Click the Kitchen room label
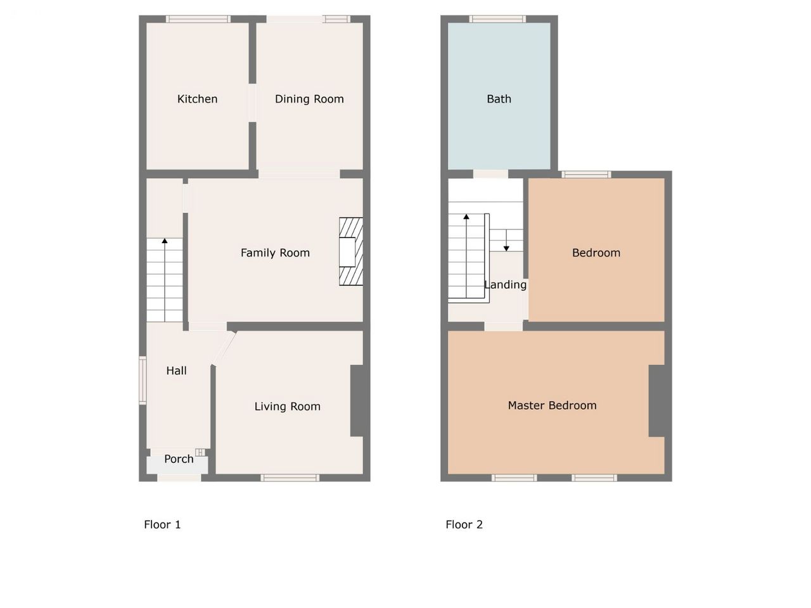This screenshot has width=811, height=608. coord(197,99)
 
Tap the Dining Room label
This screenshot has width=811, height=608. coord(309,99)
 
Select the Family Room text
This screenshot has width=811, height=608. coord(275,253)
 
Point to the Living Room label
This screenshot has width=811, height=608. coord(287,407)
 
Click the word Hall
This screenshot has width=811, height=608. coord(176,370)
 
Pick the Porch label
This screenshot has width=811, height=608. coord(179,459)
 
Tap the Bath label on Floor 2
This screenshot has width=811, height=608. coord(499,99)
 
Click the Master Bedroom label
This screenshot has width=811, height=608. coord(552,405)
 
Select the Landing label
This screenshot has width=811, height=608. coord(506,284)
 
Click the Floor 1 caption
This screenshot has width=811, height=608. coord(162,524)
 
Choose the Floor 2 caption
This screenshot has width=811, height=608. coord(464,524)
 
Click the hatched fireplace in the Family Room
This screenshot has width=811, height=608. coord(351,251)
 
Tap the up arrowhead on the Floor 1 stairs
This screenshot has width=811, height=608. coord(164,241)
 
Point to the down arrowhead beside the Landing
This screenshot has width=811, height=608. coord(506,248)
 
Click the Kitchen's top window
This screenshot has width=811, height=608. coord(198,19)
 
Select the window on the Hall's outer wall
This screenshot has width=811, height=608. coord(143,380)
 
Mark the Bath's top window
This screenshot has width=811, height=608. coord(497,19)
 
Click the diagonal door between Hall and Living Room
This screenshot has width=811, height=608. coord(224,349)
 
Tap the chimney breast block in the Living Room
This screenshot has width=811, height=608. coord(357,400)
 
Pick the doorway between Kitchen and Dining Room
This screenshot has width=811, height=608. coord(252,103)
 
